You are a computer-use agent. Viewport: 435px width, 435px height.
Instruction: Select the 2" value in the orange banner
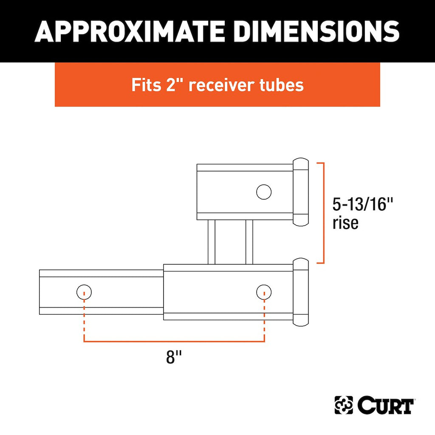tap(174, 85)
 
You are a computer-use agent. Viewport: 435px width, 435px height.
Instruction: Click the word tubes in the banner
tap(282, 85)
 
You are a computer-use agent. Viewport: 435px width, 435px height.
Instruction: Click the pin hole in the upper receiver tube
tap(264, 192)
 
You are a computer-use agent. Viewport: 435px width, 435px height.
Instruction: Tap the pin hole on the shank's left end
tap(84, 292)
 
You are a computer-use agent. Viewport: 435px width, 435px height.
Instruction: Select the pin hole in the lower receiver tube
tap(264, 292)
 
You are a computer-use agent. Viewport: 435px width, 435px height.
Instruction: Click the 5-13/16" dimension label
tap(363, 204)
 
